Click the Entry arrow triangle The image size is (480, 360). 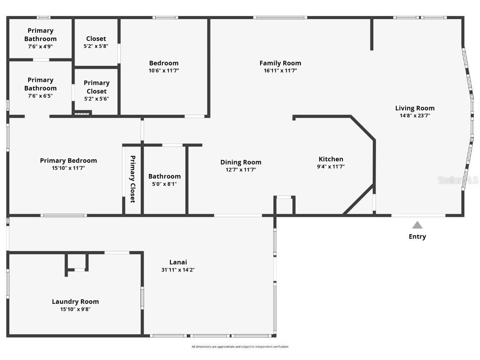[x=417, y=225]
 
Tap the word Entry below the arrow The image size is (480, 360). [x=417, y=236]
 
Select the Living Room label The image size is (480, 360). [x=415, y=108]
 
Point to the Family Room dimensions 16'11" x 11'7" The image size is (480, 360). [x=280, y=70]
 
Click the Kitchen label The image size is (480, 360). [x=331, y=159]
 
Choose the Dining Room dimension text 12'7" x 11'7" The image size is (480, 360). [x=241, y=170]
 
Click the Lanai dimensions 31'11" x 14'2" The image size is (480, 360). [x=178, y=270]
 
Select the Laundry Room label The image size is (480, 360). [x=75, y=302]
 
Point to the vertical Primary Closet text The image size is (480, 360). [x=132, y=179]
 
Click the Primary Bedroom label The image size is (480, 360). [x=68, y=161]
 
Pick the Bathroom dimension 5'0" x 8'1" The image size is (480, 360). [x=164, y=184]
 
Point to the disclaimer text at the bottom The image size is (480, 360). [x=240, y=347]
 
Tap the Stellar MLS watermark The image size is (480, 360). [x=457, y=180]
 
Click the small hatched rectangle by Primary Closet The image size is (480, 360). [x=82, y=114]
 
